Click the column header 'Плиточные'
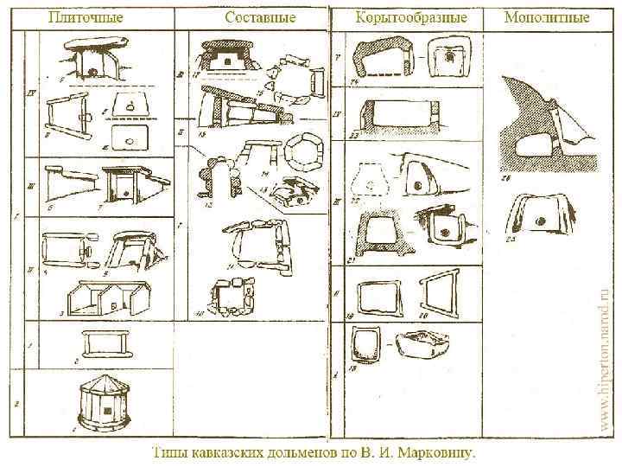point(86,17)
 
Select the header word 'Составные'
point(260,17)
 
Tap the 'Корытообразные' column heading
point(412,17)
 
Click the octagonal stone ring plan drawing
point(301,152)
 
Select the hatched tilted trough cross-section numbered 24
point(384,61)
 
